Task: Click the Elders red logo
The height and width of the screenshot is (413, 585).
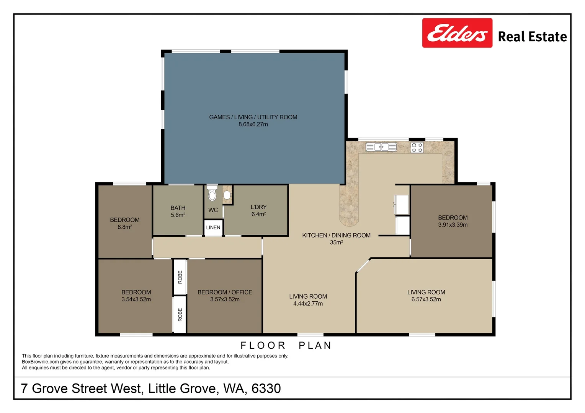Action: point(457,33)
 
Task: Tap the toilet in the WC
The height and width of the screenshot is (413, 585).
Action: point(212,194)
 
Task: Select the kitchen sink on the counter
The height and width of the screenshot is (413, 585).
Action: point(381,147)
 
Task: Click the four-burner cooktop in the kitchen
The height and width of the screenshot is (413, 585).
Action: point(417,148)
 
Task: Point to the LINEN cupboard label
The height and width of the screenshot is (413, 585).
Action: point(213,228)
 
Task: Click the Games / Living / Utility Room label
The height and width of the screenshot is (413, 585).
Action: point(253,117)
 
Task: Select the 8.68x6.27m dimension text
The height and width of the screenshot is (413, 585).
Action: point(253,124)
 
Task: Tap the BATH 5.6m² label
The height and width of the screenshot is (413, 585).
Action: point(178,211)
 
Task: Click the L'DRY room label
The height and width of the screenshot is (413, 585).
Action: point(258,207)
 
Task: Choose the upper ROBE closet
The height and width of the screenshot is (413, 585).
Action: point(180,277)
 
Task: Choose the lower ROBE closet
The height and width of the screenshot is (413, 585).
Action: point(180,314)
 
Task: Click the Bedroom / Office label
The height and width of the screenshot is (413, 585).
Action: point(225,292)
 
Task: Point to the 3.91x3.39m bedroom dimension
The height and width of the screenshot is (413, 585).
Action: point(453,225)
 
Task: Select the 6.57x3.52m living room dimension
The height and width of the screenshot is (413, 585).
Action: point(426,299)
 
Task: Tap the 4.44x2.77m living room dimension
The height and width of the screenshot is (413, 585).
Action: point(308,304)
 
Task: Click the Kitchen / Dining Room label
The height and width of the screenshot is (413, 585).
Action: point(336,236)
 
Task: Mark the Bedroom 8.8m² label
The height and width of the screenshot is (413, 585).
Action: point(125,223)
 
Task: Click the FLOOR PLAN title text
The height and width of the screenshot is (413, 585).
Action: point(286,345)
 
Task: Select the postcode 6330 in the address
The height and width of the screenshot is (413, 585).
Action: point(266,389)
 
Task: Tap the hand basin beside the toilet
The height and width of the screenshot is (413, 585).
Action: point(227,195)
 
